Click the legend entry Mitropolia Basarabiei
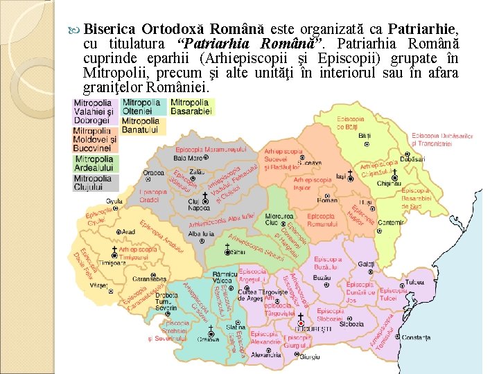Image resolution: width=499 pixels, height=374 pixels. point(189,107)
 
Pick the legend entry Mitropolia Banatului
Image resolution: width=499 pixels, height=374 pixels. point(141,125)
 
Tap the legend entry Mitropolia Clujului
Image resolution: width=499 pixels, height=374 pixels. point(93,183)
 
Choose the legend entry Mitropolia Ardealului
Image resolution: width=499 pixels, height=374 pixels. point(93,163)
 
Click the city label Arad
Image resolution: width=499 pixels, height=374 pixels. point(129,233)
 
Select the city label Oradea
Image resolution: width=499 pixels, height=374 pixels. point(153,172)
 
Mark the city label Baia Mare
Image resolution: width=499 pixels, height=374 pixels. point(188,158)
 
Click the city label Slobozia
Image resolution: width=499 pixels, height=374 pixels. point(351,323)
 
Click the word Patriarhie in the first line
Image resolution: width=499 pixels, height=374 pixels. point(422,30)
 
